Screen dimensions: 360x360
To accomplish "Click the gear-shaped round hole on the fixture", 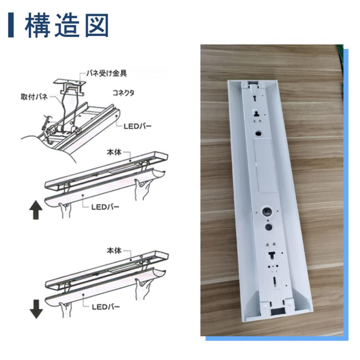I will pyautogui.click(x=265, y=212).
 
